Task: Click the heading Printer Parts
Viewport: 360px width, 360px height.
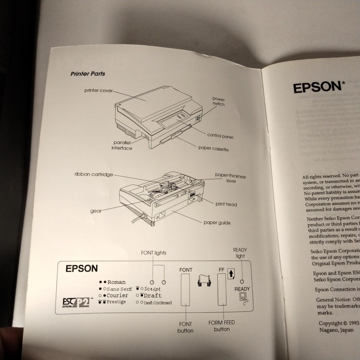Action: tap(88, 74)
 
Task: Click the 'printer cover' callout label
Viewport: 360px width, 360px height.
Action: tap(98, 90)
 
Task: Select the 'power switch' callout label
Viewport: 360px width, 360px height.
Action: tap(218, 102)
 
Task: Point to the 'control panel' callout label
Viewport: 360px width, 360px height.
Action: tap(220, 136)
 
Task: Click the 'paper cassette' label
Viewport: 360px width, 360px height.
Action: tap(213, 148)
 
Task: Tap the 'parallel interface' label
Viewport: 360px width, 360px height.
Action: tap(122, 145)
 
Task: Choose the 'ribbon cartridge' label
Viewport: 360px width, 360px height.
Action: tap(94, 175)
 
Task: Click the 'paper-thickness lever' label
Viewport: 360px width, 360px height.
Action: tap(230, 178)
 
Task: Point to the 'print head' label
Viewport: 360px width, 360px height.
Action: tap(226, 204)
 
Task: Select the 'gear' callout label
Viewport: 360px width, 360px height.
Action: tap(96, 211)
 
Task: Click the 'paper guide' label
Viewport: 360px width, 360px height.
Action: tap(217, 222)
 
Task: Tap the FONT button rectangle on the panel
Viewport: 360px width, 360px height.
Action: tap(185, 294)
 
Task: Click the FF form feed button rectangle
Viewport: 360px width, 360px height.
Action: tap(221, 294)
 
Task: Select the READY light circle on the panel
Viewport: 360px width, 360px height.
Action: tap(242, 282)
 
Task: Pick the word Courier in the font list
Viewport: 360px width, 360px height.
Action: tap(117, 295)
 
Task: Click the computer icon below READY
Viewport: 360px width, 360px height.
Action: tap(242, 297)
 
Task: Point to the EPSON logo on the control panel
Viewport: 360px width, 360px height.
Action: tap(81, 269)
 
